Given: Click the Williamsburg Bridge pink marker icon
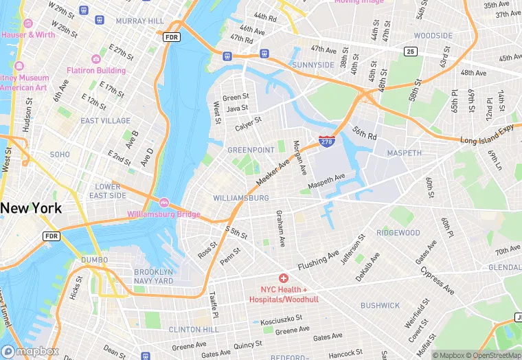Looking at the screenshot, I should [x=164, y=203].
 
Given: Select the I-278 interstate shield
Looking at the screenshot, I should [x=327, y=142].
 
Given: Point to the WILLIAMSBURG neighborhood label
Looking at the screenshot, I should [x=241, y=198].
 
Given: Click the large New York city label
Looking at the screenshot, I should [x=31, y=207].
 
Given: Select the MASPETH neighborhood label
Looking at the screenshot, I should [x=404, y=153].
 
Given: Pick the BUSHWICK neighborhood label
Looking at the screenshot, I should [x=380, y=305].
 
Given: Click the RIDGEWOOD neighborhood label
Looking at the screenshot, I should [x=398, y=233].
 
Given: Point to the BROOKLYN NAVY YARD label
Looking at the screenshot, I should [x=154, y=276].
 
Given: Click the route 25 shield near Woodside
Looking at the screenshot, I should [x=411, y=51].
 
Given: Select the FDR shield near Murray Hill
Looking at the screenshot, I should [x=171, y=36].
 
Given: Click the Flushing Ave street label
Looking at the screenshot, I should [x=318, y=261].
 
